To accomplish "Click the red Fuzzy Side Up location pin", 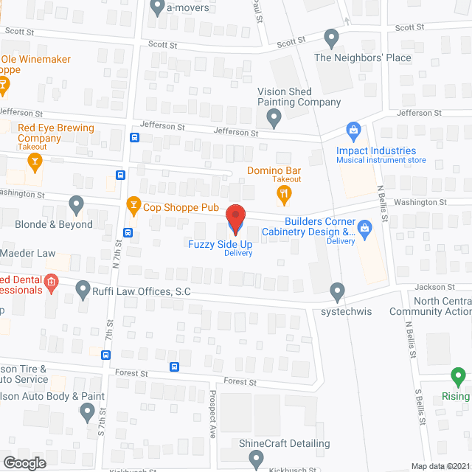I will click(x=235, y=218).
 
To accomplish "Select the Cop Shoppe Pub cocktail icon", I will click(x=133, y=204).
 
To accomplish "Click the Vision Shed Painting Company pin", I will click(x=274, y=117).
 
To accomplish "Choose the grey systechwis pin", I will click(x=338, y=291).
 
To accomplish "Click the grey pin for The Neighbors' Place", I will click(x=331, y=37).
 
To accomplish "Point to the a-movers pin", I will click(x=157, y=7).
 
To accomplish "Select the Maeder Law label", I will click(x=28, y=254).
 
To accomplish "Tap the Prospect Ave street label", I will click(x=212, y=424).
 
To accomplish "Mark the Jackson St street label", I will click(x=439, y=287).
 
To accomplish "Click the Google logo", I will click(x=24, y=462).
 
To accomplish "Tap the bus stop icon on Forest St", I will click(x=175, y=367).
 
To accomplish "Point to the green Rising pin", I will click(x=459, y=378).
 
